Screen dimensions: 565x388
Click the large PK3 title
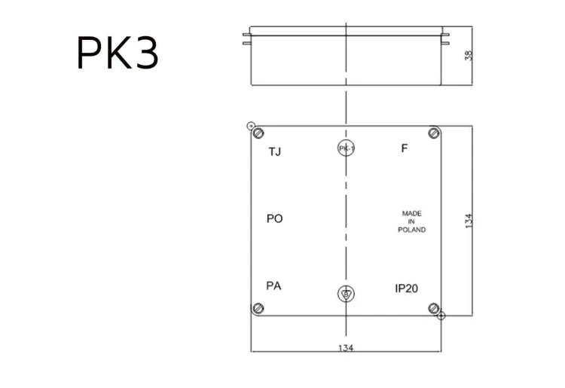(x=118, y=53)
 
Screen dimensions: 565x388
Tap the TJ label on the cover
(x=274, y=151)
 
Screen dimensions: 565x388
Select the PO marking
(x=274, y=218)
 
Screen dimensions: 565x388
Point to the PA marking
(x=273, y=286)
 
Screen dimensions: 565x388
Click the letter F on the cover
(x=405, y=148)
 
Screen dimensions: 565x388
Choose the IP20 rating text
(x=407, y=289)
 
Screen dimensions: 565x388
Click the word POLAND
(x=411, y=230)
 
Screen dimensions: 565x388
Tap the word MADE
(x=411, y=214)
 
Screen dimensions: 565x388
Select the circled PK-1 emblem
(x=347, y=148)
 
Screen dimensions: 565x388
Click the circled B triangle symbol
(x=346, y=294)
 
